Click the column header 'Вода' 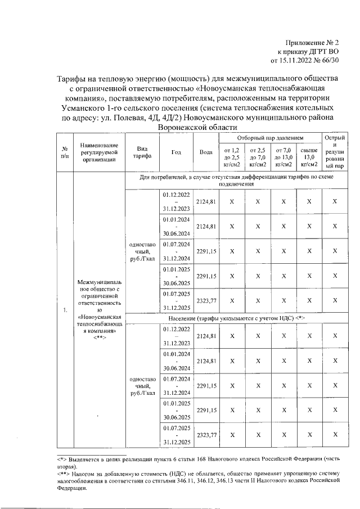coord(206,152)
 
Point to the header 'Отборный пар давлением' coord(269,138)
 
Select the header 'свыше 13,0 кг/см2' coord(309,157)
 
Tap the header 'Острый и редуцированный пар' coord(335,152)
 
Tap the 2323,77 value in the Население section coord(206,435)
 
